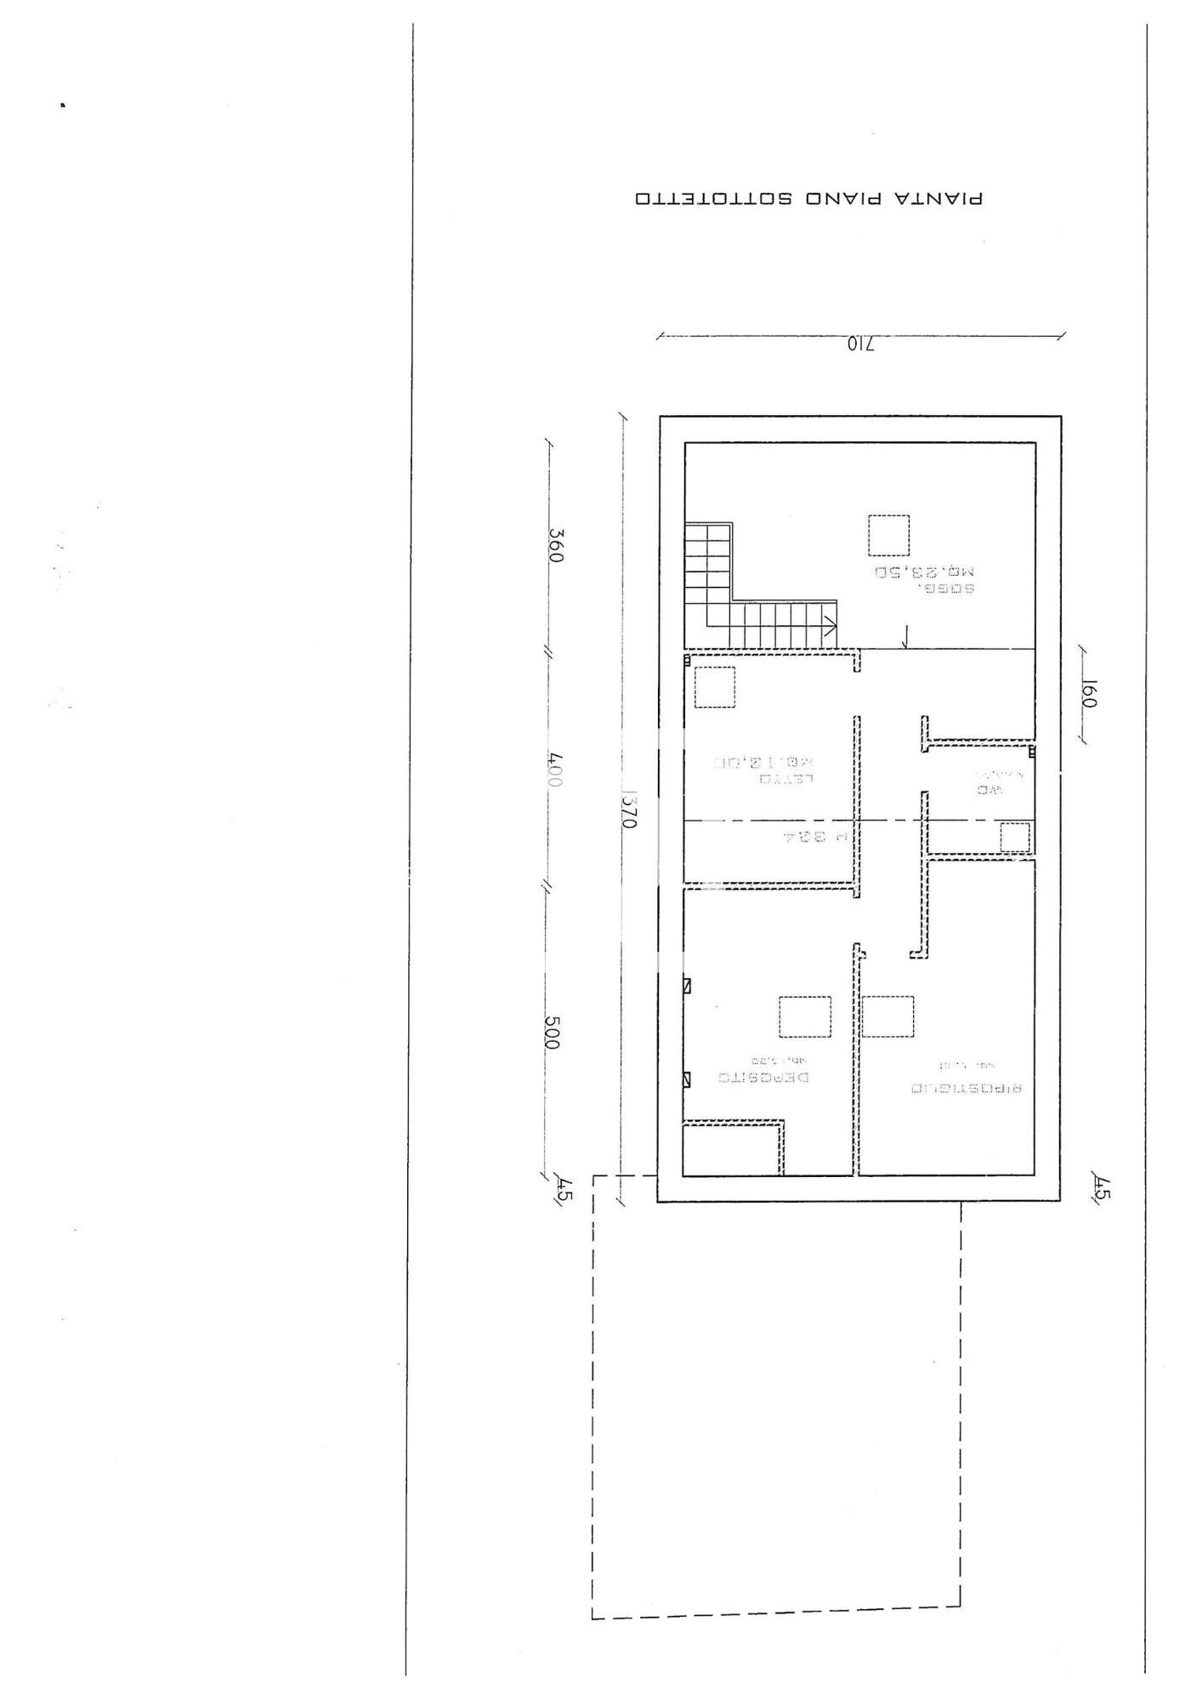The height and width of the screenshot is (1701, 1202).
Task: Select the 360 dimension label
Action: (556, 545)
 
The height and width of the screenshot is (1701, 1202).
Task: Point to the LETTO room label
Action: (788, 777)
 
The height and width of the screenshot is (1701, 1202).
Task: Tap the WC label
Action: (990, 789)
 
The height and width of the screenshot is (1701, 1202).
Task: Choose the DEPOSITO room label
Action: (764, 1077)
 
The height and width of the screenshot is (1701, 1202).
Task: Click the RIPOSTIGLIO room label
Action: (966, 1088)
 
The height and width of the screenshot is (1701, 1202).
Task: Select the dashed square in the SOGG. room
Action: (888, 535)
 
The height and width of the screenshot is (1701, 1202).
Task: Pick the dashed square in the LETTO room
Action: (714, 687)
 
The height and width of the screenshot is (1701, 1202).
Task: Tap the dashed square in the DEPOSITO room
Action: (805, 1016)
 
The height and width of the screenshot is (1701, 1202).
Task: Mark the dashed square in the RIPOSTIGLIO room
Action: (887, 1016)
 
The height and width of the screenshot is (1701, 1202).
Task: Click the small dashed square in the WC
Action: (1014, 837)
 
